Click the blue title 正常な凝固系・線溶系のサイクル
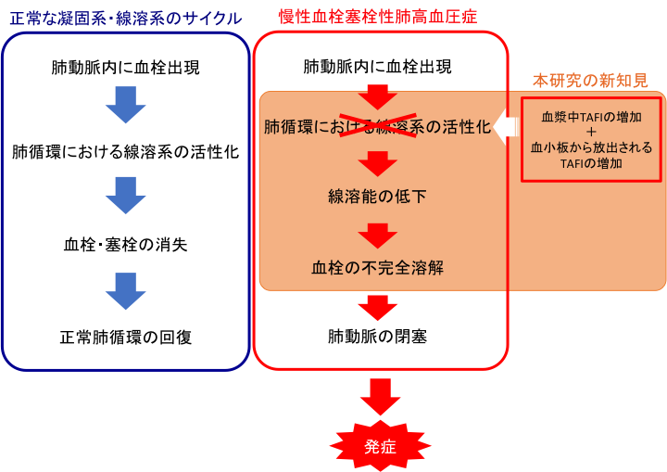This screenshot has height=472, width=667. [126, 19]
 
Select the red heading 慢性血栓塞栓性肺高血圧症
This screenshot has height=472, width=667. [378, 17]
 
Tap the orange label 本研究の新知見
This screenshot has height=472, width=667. [590, 80]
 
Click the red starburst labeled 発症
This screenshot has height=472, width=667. [381, 446]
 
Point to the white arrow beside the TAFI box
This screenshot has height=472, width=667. [506, 127]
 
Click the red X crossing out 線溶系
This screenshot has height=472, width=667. [377, 125]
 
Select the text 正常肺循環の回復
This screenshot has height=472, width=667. [126, 338]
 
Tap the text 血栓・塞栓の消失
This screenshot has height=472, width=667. [125, 245]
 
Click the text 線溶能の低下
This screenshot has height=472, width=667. [377, 196]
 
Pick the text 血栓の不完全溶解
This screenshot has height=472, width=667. [378, 267]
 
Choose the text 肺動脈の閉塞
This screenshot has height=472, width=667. [377, 337]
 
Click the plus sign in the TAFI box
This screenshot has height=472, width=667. [591, 132]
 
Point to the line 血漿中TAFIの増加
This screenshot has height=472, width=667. [591, 117]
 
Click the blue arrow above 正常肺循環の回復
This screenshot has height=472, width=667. [126, 291]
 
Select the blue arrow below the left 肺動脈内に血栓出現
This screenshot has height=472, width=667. [126, 105]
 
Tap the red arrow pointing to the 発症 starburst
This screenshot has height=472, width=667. [381, 397]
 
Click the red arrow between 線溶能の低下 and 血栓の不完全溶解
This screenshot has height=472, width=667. [378, 236]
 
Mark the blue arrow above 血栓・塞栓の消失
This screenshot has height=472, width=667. [126, 196]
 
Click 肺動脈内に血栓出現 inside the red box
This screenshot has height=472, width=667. [378, 67]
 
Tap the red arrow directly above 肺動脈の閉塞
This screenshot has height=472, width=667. [378, 308]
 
